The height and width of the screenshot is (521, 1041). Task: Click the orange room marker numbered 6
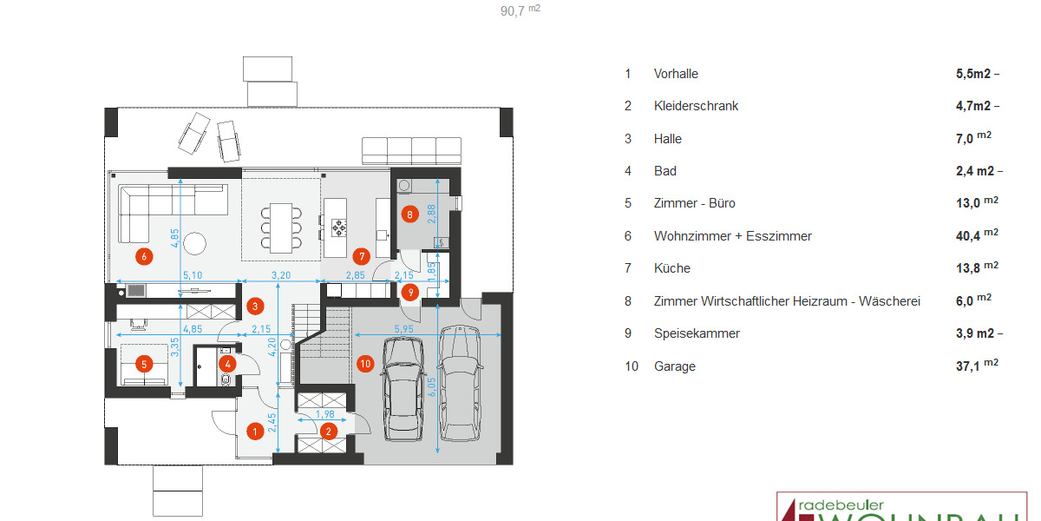[144, 255]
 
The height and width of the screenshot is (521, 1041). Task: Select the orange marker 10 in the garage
[365, 364]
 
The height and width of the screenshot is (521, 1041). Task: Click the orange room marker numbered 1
[255, 430]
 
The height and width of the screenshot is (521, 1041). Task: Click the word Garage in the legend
[675, 366]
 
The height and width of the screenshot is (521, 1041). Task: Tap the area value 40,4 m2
[977, 235]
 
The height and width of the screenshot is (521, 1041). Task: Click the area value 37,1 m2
[977, 366]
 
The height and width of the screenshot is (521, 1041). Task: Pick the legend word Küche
[672, 268]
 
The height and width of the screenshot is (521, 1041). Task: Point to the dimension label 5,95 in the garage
[403, 329]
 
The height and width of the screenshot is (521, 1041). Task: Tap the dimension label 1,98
[325, 414]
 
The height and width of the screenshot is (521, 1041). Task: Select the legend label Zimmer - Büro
[694, 203]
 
